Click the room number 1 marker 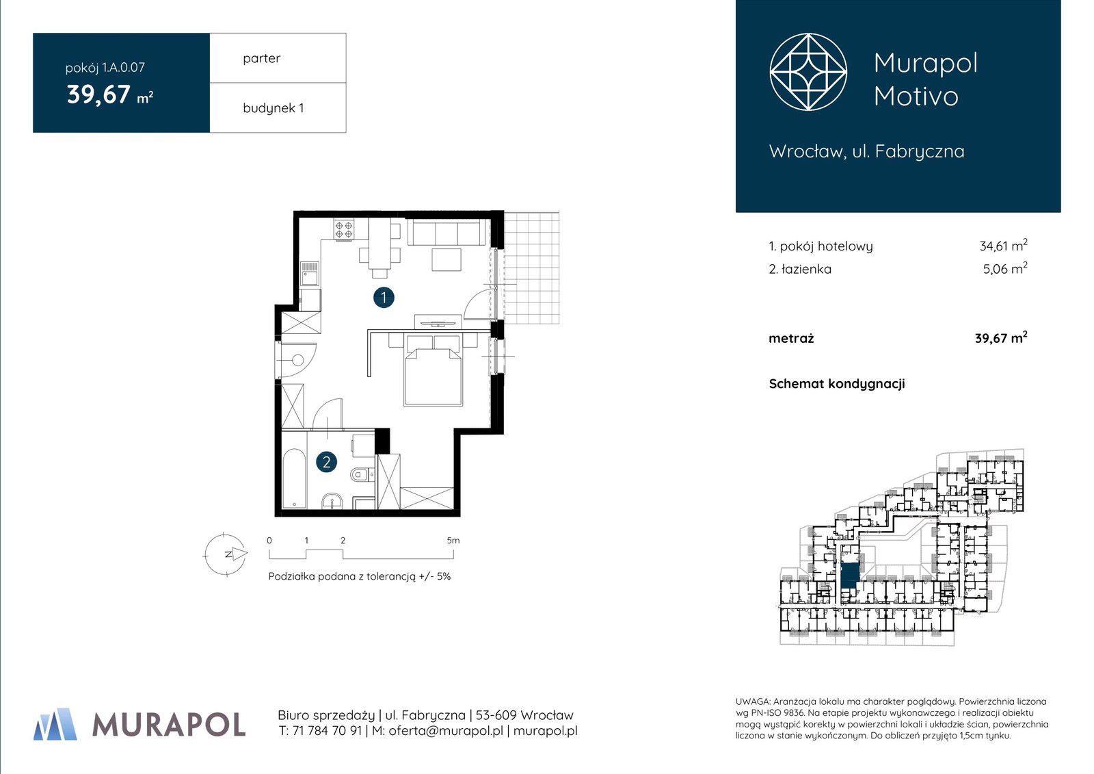click(x=384, y=297)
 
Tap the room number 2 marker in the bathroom click(x=326, y=462)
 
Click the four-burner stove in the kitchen click(x=343, y=229)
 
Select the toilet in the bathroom click(x=362, y=474)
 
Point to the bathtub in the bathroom click(x=294, y=478)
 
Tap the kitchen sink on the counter click(x=310, y=273)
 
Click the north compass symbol click(x=226, y=554)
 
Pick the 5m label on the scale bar click(x=453, y=540)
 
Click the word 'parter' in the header click(x=262, y=58)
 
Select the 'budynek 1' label click(x=273, y=108)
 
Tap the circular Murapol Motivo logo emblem click(x=808, y=72)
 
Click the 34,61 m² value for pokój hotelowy click(x=1003, y=246)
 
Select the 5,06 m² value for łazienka click(x=1005, y=268)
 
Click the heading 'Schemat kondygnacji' click(x=837, y=384)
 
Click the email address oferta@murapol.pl click(x=445, y=730)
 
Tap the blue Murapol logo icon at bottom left click(x=55, y=724)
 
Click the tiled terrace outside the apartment click(x=531, y=268)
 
